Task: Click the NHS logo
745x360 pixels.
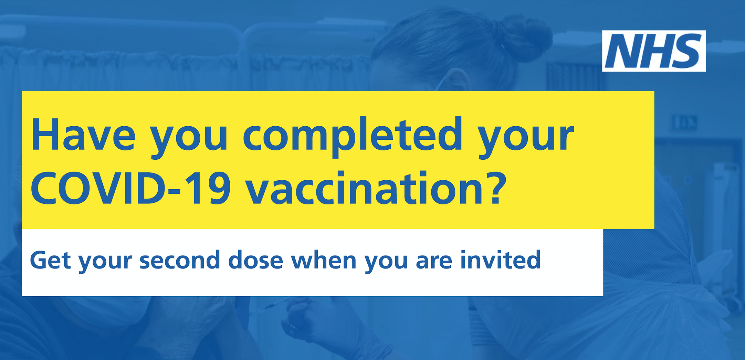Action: coord(654,51)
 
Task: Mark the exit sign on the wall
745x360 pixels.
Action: coord(685,123)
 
